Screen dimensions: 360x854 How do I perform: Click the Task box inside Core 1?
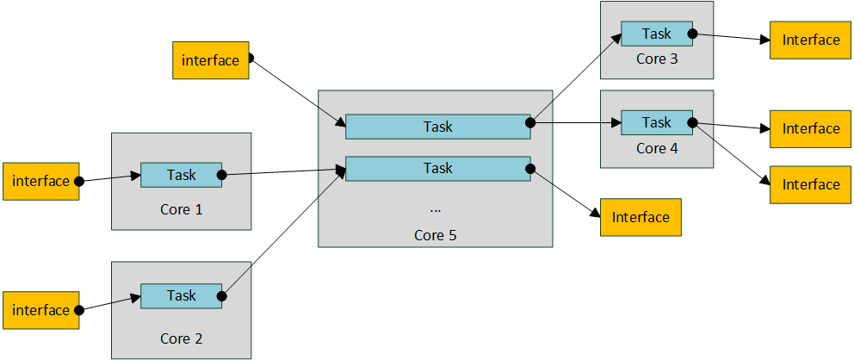tap(181, 175)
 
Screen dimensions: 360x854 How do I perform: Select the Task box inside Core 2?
tap(181, 295)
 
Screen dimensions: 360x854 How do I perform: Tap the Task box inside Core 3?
tap(657, 34)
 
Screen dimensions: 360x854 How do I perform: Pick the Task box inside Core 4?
tap(657, 122)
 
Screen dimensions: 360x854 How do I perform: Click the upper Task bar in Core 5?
tap(437, 127)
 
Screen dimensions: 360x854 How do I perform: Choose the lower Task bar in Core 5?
tap(437, 168)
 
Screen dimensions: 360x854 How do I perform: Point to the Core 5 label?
tap(435, 235)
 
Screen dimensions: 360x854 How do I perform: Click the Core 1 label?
tap(181, 209)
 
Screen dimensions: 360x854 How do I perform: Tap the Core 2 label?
tap(181, 338)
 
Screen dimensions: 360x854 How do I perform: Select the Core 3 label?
tap(657, 59)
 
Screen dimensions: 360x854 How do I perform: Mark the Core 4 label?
tap(657, 148)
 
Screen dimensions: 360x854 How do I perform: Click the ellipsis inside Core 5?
tap(435, 209)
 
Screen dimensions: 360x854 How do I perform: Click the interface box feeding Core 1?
tap(41, 181)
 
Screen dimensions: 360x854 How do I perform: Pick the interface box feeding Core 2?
tap(41, 310)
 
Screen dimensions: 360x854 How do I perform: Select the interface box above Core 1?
tap(211, 60)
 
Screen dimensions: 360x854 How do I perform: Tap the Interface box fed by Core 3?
tap(810, 40)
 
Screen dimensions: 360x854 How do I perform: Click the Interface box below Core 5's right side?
tap(640, 217)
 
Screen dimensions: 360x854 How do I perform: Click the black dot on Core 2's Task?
tap(221, 295)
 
